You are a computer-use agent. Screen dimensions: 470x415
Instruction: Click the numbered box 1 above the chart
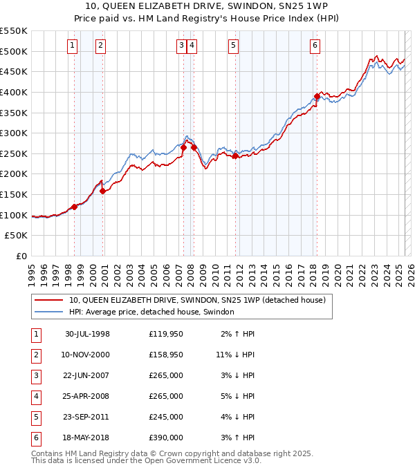coord(73,46)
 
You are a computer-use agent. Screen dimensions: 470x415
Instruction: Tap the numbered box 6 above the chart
coord(315,46)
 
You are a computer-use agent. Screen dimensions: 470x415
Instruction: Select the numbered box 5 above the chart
coord(233,46)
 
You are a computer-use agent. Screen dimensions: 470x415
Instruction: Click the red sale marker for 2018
coord(317,96)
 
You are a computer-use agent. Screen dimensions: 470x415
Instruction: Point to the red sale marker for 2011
coord(235,156)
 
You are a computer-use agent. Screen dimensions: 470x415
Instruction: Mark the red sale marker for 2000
coord(102,191)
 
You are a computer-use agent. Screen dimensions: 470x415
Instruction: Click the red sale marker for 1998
coord(75,207)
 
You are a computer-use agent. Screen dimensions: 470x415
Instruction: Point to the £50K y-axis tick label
coord(17,236)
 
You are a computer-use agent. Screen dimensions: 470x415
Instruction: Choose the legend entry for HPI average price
coord(151,312)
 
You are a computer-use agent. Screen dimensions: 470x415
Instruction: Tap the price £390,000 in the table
coord(165,438)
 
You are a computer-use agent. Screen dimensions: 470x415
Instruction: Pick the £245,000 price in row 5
coord(165,417)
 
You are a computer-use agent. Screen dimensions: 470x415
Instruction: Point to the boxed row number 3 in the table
coord(35,375)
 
